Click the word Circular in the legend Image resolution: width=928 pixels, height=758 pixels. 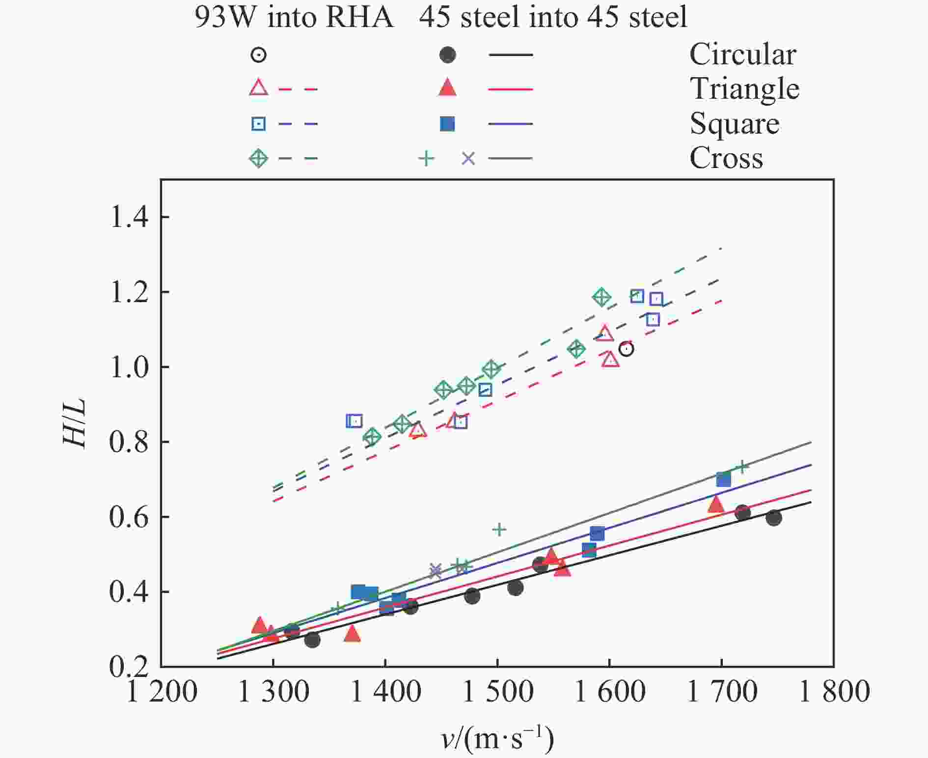742,55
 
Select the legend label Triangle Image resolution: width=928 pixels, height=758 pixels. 744,89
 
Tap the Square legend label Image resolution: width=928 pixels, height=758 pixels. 734,124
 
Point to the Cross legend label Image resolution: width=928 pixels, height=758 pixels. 726,158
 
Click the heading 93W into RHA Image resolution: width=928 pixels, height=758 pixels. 294,18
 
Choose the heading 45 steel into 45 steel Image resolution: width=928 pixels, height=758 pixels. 553,18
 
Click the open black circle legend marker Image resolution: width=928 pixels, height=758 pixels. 258,55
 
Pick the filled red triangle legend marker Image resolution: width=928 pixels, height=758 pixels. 447,88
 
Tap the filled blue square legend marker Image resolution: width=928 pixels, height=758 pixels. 447,124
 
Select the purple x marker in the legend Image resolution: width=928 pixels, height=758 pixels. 468,159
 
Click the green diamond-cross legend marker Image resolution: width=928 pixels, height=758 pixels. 258,159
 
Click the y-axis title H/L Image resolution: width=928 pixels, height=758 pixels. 75,423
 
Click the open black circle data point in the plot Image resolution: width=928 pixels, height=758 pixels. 626,349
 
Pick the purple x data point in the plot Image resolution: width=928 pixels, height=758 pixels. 435,570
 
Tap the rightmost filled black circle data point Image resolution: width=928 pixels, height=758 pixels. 773,518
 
